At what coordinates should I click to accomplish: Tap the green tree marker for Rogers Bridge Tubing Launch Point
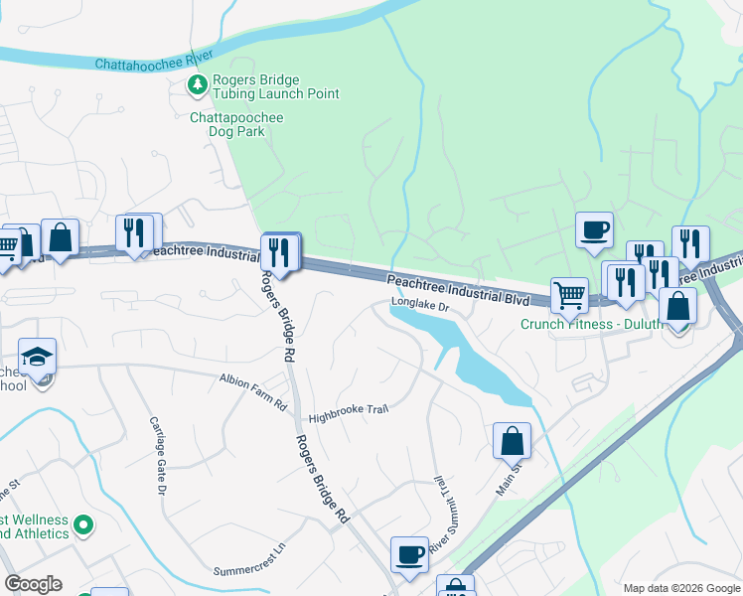click(199, 86)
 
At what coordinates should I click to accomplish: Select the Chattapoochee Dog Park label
click(236, 124)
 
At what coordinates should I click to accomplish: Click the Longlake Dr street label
click(420, 308)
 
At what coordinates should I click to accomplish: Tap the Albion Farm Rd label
click(252, 378)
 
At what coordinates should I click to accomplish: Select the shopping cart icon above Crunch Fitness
click(569, 294)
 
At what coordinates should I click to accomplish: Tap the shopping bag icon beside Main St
click(512, 441)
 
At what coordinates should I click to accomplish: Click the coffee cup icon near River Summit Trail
click(409, 554)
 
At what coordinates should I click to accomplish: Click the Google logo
click(33, 584)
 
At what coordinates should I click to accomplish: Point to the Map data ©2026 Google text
click(680, 588)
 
